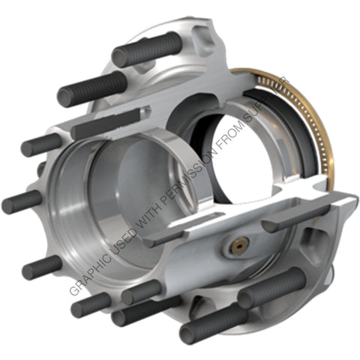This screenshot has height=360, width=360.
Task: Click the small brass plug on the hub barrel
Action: click(x=239, y=244)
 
